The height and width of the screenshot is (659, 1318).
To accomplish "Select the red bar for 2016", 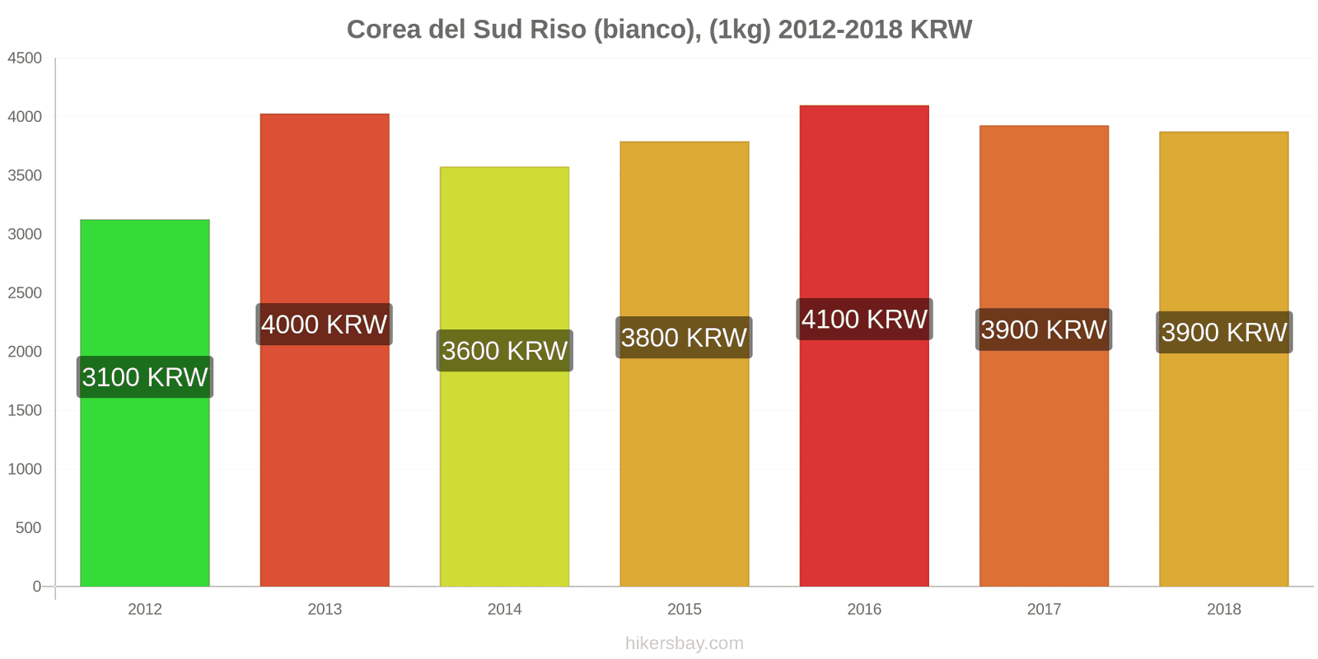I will tap(864, 461).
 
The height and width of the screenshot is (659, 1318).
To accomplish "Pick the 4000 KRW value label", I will tap(324, 325).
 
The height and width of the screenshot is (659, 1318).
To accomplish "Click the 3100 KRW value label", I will tap(145, 377).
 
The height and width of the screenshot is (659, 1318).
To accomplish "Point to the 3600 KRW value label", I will tap(504, 351).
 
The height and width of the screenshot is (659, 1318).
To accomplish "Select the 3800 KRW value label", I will tap(684, 338).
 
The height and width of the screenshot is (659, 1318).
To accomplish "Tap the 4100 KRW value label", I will tap(864, 320).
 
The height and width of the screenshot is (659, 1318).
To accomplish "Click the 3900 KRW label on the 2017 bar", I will tap(1044, 329).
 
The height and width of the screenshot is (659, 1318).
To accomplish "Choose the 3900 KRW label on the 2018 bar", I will tap(1224, 333).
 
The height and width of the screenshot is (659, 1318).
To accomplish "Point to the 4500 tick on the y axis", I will tap(25, 58).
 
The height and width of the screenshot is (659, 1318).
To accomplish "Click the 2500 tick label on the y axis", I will tap(25, 293).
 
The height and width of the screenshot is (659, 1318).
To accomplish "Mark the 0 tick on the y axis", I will tap(36, 587).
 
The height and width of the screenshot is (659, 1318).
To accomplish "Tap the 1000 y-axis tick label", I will tap(25, 470).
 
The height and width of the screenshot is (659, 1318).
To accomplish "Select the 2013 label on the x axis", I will tap(325, 610).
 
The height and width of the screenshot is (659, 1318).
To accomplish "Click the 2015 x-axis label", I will tap(684, 610).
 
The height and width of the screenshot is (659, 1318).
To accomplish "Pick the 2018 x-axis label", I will tap(1224, 610).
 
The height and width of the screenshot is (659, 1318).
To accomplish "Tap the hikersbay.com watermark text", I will tap(684, 643).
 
